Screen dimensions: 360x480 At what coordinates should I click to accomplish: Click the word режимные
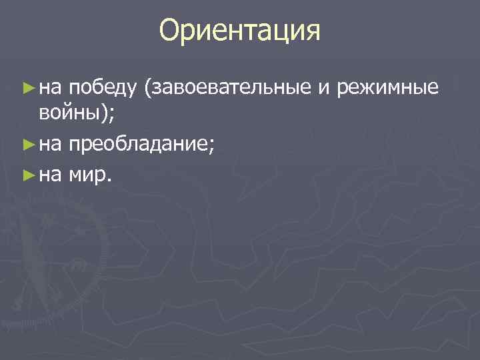click(x=388, y=87)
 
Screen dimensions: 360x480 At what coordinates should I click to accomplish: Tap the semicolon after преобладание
click(x=211, y=143)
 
